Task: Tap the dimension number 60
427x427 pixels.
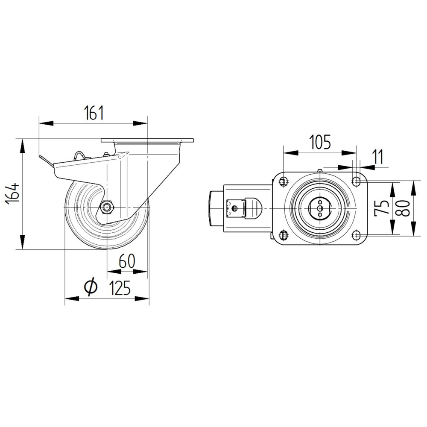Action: (127, 260)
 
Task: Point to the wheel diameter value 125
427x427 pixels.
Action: (120, 289)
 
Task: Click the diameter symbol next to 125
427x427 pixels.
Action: (91, 287)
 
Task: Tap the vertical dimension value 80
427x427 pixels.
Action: (405, 208)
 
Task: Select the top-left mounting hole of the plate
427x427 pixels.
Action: (283, 182)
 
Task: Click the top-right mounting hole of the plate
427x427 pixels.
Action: (356, 182)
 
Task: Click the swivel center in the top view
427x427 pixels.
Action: (319, 208)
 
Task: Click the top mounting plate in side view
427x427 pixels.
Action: (147, 140)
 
